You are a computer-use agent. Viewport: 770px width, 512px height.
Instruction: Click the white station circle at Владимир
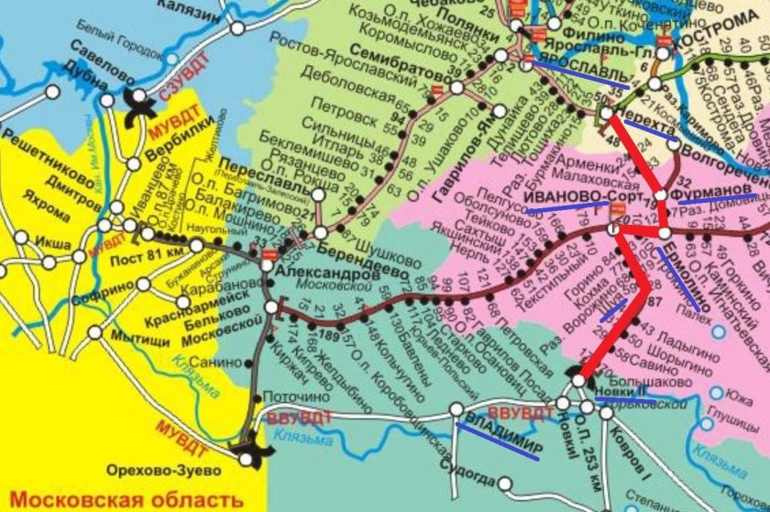click(456, 409)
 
